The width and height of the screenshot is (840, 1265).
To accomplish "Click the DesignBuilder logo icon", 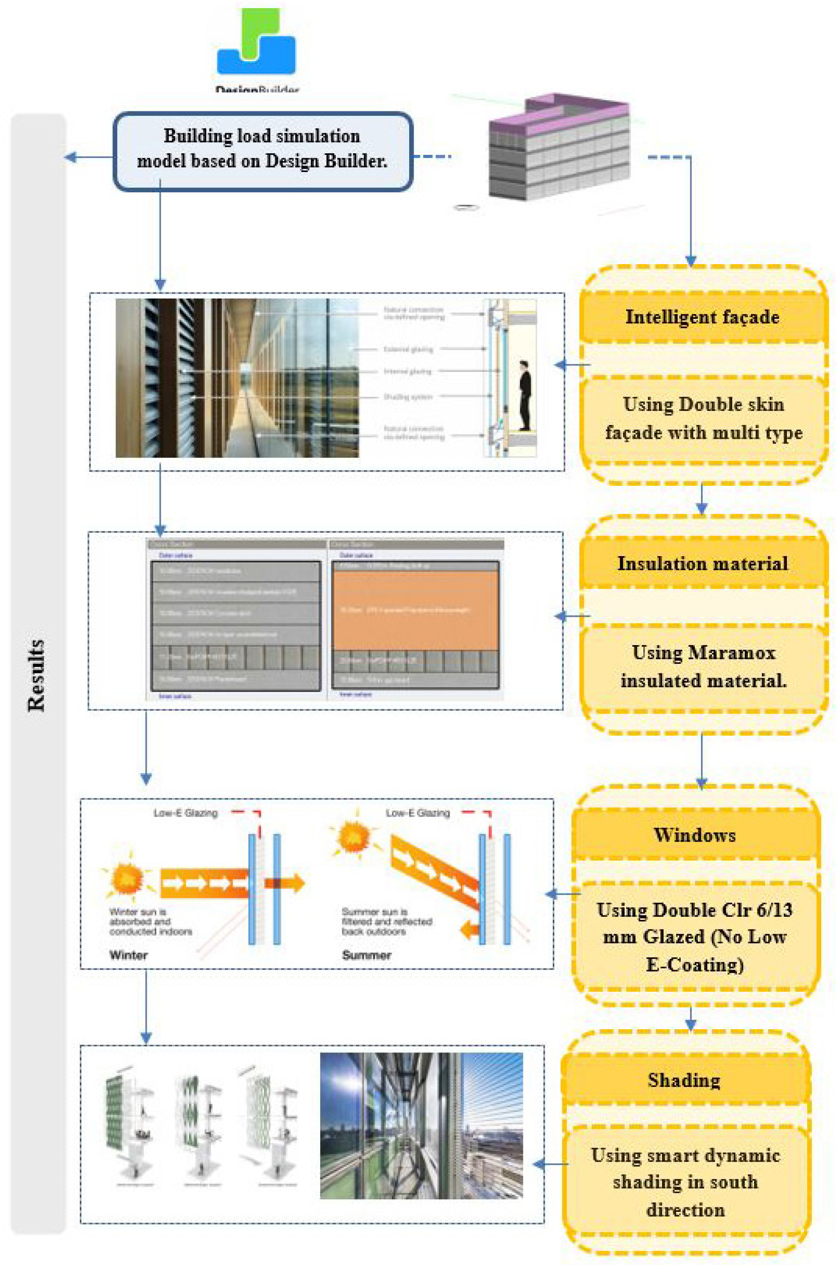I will coord(256,43).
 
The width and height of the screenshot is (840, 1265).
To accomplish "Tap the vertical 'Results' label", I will coord(36,676).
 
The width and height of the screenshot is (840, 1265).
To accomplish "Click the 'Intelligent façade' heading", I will coord(702,317).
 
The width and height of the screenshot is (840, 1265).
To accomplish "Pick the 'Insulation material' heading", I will coord(702,563).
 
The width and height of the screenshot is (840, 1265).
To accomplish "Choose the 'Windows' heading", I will coord(695,834).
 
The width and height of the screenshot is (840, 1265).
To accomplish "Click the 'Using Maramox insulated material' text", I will coord(703,666).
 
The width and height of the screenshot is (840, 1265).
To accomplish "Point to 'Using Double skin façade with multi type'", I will coord(703,418).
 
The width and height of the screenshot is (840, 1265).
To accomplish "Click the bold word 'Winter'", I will coord(128,955).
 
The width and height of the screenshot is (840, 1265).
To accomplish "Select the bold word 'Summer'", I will coord(367,955).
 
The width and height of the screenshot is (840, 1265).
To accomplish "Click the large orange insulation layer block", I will coord(415,610).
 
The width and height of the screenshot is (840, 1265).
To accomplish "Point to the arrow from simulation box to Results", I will coord(89,157).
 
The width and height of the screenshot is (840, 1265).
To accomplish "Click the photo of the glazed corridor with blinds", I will coord(237,378).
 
